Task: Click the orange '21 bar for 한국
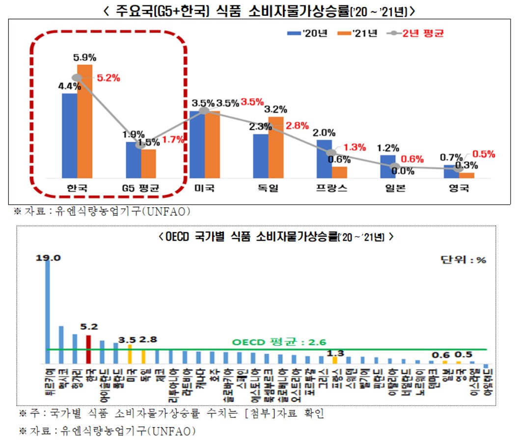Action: click(84, 121)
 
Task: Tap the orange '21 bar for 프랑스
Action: click(339, 172)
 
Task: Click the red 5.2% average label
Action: click(108, 78)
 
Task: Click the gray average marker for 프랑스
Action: click(332, 153)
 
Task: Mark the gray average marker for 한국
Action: click(77, 78)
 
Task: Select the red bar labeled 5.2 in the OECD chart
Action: click(89, 349)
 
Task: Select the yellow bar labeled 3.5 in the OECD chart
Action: click(130, 354)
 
